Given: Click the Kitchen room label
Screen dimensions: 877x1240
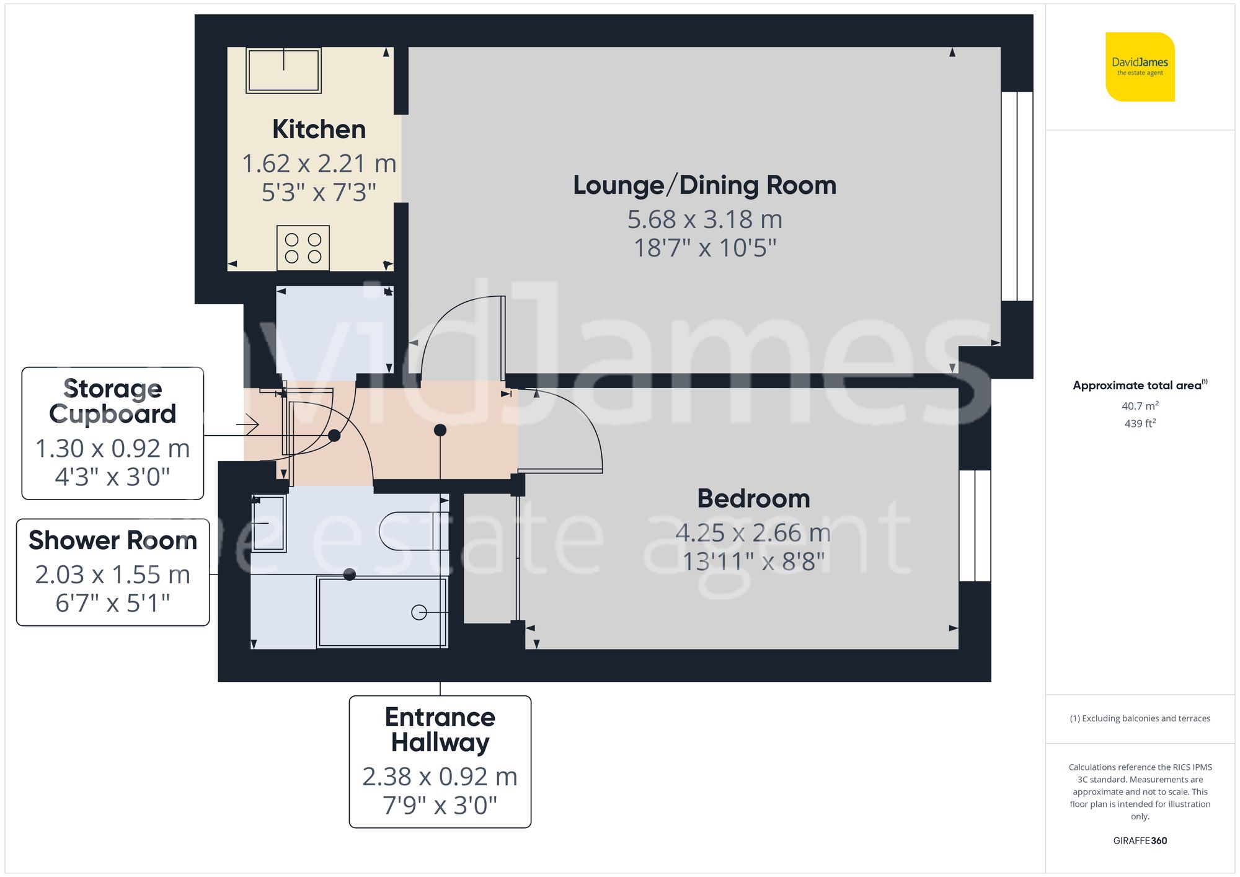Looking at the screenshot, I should [x=319, y=130].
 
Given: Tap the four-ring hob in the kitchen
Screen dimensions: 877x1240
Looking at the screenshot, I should [x=303, y=248].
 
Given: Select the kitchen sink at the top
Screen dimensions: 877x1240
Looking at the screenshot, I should [x=283, y=70].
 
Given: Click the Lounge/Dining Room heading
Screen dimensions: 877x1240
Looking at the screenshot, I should [x=704, y=185].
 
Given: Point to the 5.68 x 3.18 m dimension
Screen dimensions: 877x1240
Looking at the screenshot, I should [x=704, y=219].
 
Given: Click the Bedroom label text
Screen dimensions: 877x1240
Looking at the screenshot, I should [x=753, y=499].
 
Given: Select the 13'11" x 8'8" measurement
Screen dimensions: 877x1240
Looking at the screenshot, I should [x=753, y=562].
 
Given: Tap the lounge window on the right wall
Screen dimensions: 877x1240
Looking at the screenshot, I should [x=1017, y=196].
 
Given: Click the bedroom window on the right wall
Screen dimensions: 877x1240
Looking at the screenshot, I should [x=975, y=526].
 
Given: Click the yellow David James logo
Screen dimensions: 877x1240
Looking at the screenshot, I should [x=1140, y=67].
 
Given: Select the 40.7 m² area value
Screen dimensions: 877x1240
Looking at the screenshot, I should [x=1140, y=406].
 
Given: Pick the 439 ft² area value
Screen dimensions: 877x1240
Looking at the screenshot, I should [x=1140, y=423].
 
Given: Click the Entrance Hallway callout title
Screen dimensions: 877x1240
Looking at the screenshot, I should [x=440, y=729].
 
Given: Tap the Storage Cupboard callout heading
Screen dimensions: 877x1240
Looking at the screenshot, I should [x=112, y=401].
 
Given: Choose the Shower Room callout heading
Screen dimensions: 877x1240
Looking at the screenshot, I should [x=112, y=540].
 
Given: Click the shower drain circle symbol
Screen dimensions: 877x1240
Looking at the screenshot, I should [x=419, y=612].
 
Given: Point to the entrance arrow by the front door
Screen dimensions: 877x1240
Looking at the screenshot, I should [x=247, y=425].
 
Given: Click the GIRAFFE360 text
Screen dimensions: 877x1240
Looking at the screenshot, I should [x=1140, y=840].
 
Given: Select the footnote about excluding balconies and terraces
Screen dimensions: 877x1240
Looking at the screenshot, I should [x=1140, y=718].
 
